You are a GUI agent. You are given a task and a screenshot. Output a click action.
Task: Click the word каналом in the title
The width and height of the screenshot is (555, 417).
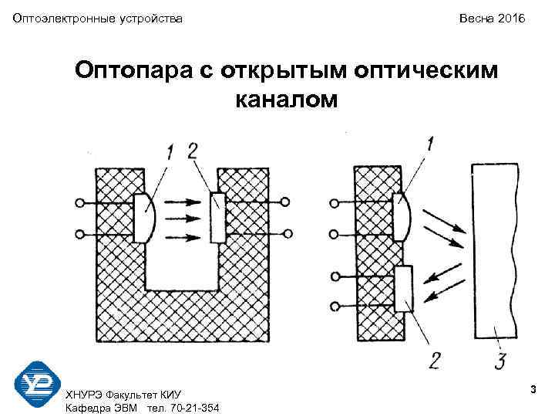click(x=284, y=100)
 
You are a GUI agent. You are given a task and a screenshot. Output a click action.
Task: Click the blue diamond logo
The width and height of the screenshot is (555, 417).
click(x=36, y=384)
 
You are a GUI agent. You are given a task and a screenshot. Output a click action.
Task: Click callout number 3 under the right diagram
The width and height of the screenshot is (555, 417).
click(x=499, y=360)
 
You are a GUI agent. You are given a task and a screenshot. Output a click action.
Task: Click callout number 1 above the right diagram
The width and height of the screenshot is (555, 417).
click(x=429, y=144)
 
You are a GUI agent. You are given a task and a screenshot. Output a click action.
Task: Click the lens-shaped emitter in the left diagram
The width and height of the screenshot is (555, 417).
click(x=145, y=218)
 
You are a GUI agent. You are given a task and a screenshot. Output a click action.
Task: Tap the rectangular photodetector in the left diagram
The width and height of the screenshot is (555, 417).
click(x=217, y=217)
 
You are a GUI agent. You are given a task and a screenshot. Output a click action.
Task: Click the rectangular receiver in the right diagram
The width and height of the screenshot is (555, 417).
click(x=403, y=288)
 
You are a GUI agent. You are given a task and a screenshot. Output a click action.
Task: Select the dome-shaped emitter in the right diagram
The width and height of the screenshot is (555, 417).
click(x=402, y=219)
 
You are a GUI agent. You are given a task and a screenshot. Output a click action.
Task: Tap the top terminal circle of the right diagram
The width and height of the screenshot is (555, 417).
click(x=335, y=205)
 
